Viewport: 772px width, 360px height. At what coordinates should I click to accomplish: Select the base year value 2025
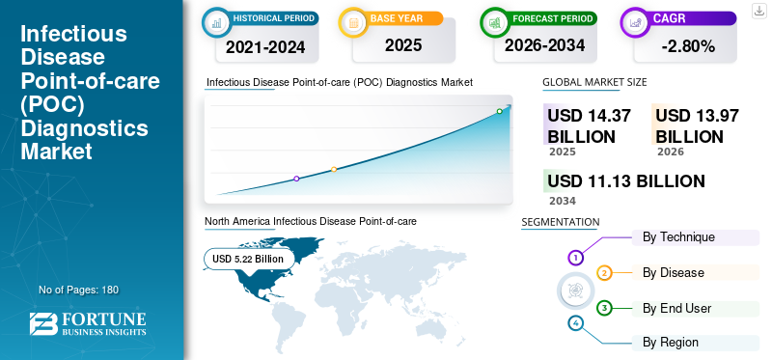pos(402,45)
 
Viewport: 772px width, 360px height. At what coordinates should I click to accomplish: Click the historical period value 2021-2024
pos(264,45)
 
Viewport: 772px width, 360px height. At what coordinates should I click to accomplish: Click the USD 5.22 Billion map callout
pos(248,259)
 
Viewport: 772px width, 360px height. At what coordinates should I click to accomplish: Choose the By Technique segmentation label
pos(678,237)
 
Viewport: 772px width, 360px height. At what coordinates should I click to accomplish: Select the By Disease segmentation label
pos(674,273)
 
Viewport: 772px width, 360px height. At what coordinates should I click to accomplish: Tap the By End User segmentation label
pos(676,309)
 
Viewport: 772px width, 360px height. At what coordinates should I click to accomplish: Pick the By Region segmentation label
pos(671,343)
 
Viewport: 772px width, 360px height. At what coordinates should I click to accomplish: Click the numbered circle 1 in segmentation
pos(576,258)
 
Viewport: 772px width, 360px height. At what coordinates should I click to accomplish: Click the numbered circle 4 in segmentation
pos(576,322)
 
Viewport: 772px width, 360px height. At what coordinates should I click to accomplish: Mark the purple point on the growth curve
pos(296,179)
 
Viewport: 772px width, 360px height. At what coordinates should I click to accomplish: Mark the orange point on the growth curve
pos(334,170)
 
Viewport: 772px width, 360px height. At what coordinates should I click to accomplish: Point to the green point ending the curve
pos(499,111)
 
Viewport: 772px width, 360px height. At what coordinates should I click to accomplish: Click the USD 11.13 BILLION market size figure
pos(625,181)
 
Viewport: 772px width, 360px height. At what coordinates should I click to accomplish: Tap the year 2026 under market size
pos(670,152)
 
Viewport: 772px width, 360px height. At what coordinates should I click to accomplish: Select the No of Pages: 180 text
pos(78,290)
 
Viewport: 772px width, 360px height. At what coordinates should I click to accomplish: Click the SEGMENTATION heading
pos(560,222)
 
